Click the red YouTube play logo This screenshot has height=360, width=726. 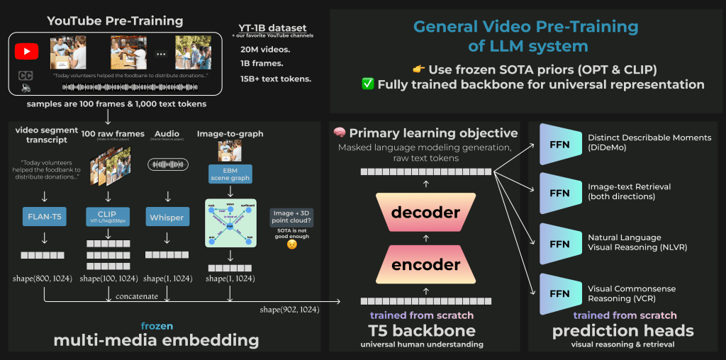(26, 52)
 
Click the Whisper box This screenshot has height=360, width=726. (167, 218)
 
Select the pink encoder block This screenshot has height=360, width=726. (426, 264)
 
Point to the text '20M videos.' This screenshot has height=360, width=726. (265, 50)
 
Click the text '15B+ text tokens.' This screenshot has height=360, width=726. (275, 79)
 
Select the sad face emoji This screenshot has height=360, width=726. (291, 244)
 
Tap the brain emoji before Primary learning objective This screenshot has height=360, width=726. (339, 133)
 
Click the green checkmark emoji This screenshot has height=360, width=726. (367, 84)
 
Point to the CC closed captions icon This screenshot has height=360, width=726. (26, 75)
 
